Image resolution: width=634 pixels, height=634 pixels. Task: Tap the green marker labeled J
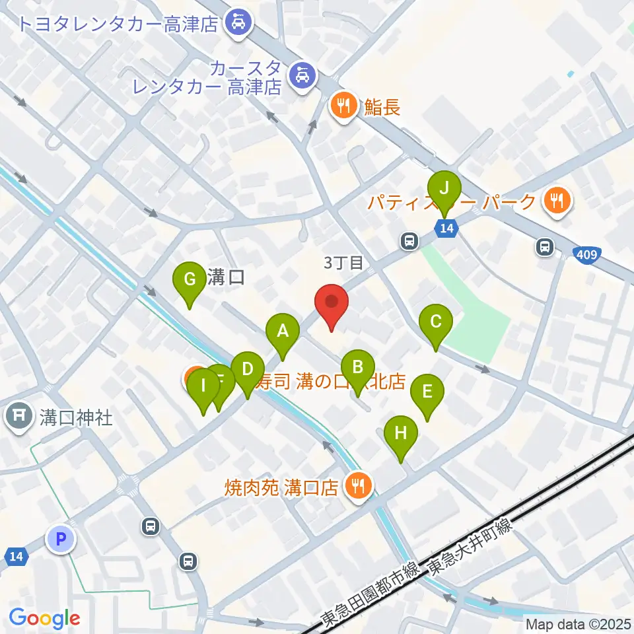click(444, 190)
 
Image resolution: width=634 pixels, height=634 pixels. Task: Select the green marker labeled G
click(189, 281)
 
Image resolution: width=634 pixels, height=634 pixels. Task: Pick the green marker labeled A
click(283, 332)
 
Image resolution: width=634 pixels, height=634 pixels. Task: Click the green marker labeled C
click(436, 324)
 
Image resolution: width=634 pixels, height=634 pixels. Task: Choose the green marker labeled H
click(401, 435)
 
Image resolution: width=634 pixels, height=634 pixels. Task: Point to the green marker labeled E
click(427, 394)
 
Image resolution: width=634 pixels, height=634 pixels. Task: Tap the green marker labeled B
click(358, 368)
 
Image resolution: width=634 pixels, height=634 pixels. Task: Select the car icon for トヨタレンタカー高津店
click(236, 24)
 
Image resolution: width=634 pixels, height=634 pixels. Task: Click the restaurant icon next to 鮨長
click(343, 106)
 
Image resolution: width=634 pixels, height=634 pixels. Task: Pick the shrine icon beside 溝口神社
click(19, 417)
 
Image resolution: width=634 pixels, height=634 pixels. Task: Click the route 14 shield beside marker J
click(446, 229)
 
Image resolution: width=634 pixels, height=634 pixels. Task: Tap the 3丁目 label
click(343, 263)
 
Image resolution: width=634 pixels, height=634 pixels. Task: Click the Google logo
click(45, 618)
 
